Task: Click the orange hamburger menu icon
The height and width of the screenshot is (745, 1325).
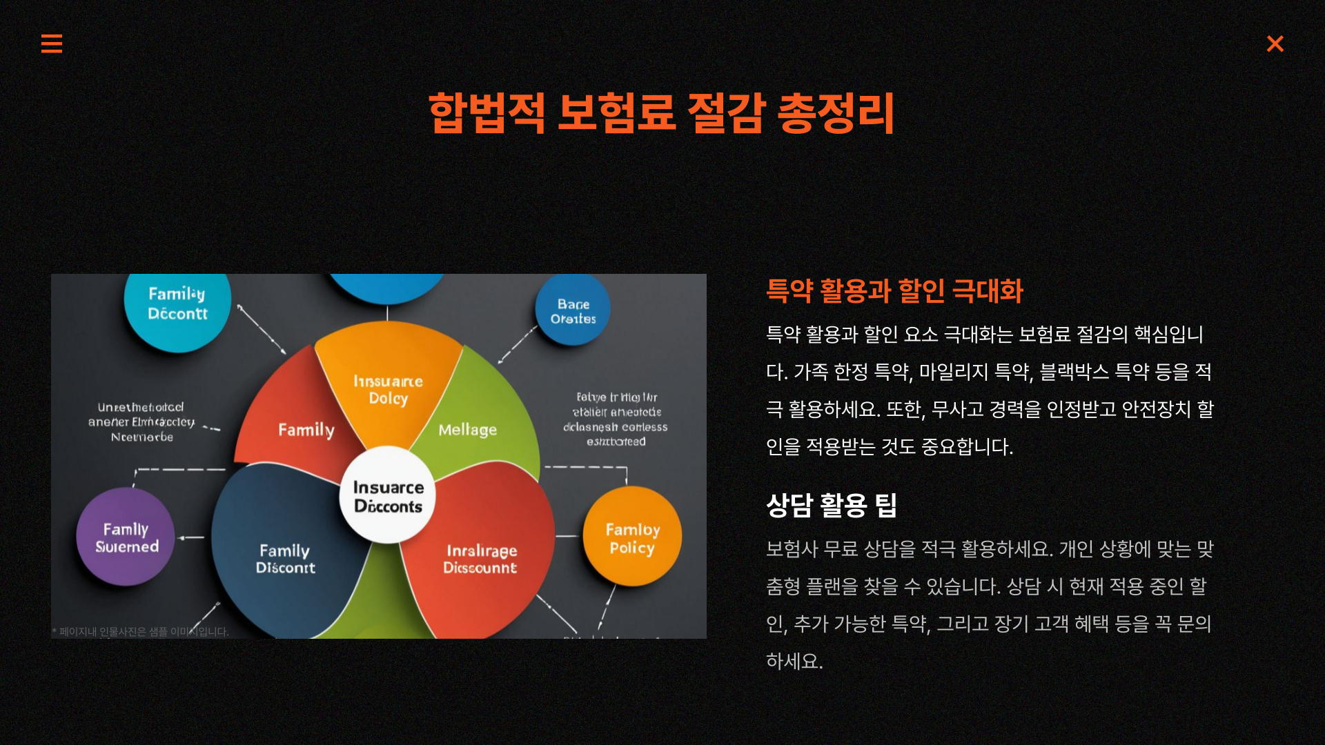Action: pos(52,43)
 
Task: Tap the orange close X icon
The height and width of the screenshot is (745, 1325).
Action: pos(1275,43)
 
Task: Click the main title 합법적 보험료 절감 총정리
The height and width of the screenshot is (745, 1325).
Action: pos(661,112)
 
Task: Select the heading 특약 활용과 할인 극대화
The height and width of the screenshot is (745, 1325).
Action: pos(894,291)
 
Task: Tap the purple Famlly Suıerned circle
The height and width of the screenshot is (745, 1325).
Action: pos(126,537)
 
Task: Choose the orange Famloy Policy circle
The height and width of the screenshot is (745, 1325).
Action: pos(632,537)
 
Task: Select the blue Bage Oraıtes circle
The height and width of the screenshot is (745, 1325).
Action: pos(573,311)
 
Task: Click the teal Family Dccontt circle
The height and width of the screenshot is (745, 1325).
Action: pos(177,304)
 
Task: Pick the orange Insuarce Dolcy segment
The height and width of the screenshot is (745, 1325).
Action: pos(388,386)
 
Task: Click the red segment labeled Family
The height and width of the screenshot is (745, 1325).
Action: pos(297,421)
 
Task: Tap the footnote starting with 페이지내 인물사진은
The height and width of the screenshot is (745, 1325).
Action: pos(141,632)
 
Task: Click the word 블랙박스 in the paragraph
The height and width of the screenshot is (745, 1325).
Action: pos(1074,372)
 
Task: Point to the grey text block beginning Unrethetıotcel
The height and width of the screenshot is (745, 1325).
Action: pos(141,422)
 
